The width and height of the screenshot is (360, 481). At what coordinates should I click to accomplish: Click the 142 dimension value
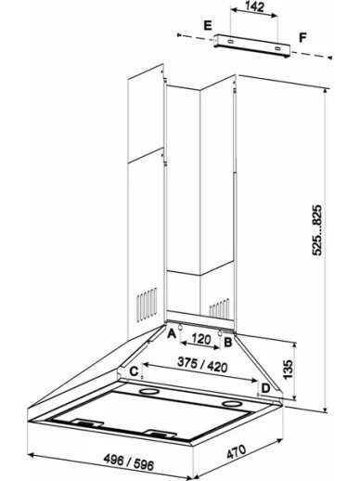tap(255, 6)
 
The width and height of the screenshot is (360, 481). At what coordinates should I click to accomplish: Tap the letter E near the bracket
tap(208, 25)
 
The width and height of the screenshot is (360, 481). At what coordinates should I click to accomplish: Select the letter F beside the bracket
tap(302, 38)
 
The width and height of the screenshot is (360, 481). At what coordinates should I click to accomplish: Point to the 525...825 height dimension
tap(316, 230)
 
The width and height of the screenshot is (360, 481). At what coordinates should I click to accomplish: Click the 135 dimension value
tap(288, 369)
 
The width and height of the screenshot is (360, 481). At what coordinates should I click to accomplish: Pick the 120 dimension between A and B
tap(201, 339)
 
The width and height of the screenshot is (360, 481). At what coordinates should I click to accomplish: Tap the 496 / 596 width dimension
tap(129, 462)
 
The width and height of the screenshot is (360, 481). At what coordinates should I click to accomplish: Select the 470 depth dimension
tap(237, 451)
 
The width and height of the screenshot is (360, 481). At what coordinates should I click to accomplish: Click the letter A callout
tap(172, 333)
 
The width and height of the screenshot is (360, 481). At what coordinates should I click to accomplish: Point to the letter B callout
tap(228, 342)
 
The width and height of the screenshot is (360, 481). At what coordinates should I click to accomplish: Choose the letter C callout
tap(134, 371)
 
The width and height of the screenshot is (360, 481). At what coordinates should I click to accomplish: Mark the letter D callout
tap(265, 388)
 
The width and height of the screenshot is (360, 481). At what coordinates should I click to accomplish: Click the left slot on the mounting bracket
tap(230, 41)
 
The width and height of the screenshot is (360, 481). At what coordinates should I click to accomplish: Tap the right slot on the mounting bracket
tap(277, 48)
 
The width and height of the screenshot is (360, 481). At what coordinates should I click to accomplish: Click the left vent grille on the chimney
tap(147, 304)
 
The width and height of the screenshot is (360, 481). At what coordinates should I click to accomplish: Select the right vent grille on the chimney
tap(219, 308)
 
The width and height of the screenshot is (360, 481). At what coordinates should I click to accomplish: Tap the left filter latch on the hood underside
tap(88, 422)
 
